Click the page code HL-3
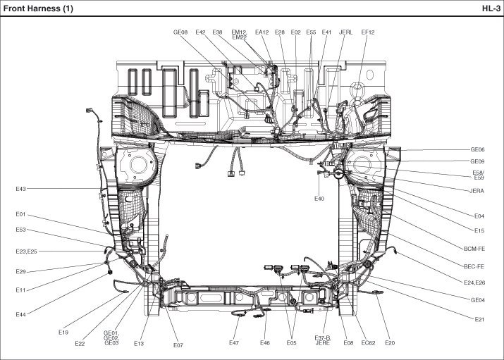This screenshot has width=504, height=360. (491, 8)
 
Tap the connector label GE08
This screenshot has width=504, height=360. (180, 32)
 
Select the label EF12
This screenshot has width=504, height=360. (367, 32)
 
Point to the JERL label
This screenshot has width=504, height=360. (346, 32)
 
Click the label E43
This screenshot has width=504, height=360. (20, 189)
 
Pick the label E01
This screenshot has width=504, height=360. (20, 214)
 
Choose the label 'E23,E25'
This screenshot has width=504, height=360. (27, 252)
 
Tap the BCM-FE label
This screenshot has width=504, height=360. (474, 248)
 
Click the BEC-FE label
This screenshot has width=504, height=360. (474, 266)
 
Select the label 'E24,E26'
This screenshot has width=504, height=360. (474, 283)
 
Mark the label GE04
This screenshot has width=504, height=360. (479, 300)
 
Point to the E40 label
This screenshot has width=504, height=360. (319, 199)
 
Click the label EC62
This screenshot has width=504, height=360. (368, 342)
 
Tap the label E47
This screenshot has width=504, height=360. (234, 342)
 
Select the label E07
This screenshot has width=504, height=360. (178, 345)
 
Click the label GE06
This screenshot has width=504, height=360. (478, 150)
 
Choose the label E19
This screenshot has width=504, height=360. (63, 332)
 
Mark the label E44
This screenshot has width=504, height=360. (20, 314)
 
